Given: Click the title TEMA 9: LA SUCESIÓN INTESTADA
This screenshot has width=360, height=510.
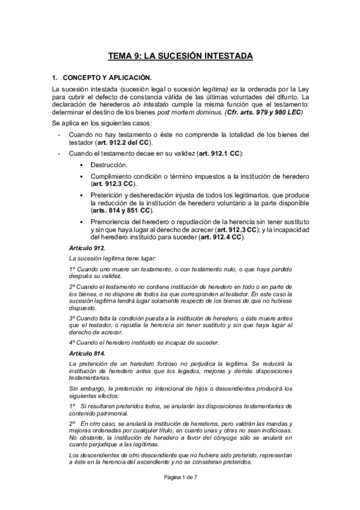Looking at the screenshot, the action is [180, 57].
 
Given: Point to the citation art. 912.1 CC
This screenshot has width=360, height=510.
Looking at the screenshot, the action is [219, 155].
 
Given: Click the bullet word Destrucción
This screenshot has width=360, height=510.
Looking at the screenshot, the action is [108, 165].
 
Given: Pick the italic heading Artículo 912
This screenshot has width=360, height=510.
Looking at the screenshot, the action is [88, 248].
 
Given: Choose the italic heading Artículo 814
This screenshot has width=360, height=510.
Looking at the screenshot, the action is [88, 352].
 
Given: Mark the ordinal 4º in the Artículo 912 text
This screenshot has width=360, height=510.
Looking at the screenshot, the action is [73, 342].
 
